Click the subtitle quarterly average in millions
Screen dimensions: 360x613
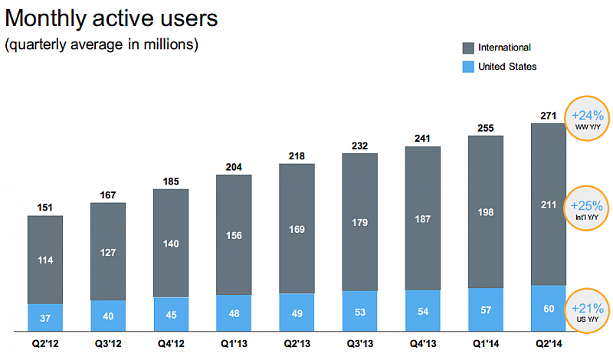[x=102, y=45]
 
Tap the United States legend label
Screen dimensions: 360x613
[x=507, y=67]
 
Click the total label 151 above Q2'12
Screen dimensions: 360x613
[x=45, y=208]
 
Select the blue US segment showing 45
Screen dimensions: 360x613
[x=171, y=314]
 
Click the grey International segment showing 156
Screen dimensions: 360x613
[x=234, y=237]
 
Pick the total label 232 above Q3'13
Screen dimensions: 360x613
[x=359, y=146]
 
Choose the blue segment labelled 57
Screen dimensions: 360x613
[x=485, y=310]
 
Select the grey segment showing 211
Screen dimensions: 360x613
[x=548, y=205]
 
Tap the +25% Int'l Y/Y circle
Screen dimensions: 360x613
[x=588, y=208]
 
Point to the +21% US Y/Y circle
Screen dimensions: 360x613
[x=588, y=312]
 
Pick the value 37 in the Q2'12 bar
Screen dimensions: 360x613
[x=45, y=318]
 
